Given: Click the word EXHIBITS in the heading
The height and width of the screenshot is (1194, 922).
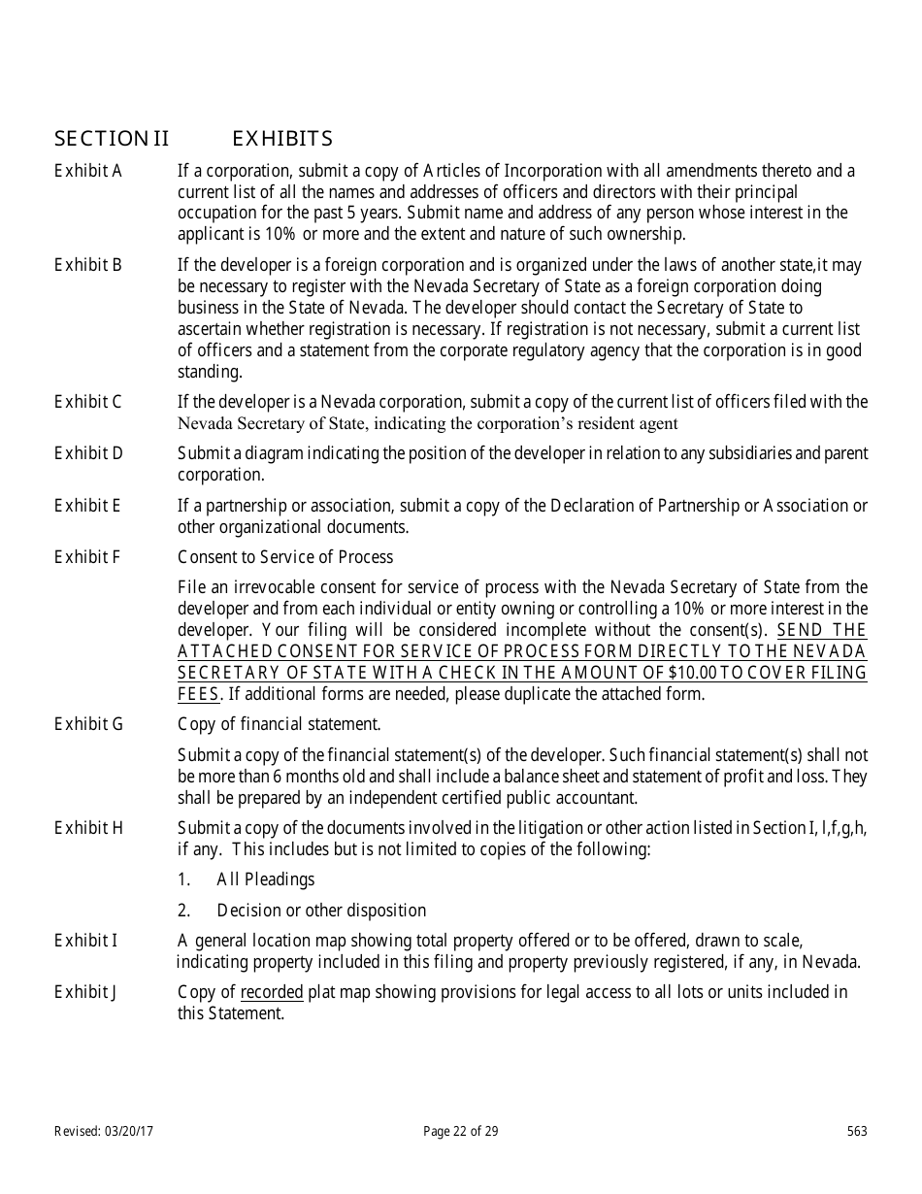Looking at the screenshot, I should (x=282, y=139).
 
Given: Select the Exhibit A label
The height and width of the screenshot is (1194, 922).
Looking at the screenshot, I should (x=88, y=171).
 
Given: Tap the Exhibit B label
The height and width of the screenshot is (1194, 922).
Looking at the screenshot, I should (x=88, y=265).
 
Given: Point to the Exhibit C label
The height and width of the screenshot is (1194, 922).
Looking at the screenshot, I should (x=88, y=402).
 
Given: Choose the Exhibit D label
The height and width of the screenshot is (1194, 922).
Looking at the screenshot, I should (x=88, y=453).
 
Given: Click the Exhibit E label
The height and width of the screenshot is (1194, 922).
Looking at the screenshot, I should (x=88, y=505).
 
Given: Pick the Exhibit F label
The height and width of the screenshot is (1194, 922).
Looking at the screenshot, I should (x=88, y=556).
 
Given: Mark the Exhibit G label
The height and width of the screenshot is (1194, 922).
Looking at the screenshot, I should (x=88, y=723).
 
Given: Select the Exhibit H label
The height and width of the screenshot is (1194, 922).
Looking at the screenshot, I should (x=88, y=827).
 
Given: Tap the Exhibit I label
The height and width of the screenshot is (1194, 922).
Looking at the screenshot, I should (x=86, y=940).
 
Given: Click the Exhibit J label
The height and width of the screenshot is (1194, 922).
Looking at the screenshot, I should (x=86, y=991).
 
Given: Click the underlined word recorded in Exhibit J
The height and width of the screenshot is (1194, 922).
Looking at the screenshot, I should (x=272, y=991).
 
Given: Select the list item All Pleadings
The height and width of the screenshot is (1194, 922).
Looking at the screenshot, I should (x=265, y=879).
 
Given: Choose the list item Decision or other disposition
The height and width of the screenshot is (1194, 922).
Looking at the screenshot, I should (x=321, y=911).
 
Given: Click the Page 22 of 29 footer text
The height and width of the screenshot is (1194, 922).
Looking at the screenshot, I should (x=461, y=1131).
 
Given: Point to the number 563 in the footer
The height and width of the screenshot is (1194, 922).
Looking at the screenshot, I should (x=857, y=1131).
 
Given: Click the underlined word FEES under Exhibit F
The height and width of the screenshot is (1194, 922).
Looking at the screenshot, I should (x=199, y=694).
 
